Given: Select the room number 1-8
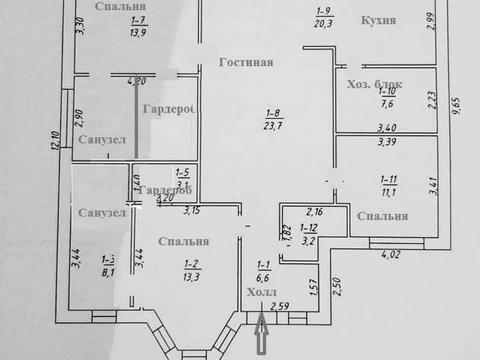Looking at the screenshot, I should pyautogui.click(x=266, y=111).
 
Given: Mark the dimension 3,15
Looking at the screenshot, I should pyautogui.click(x=193, y=209).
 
